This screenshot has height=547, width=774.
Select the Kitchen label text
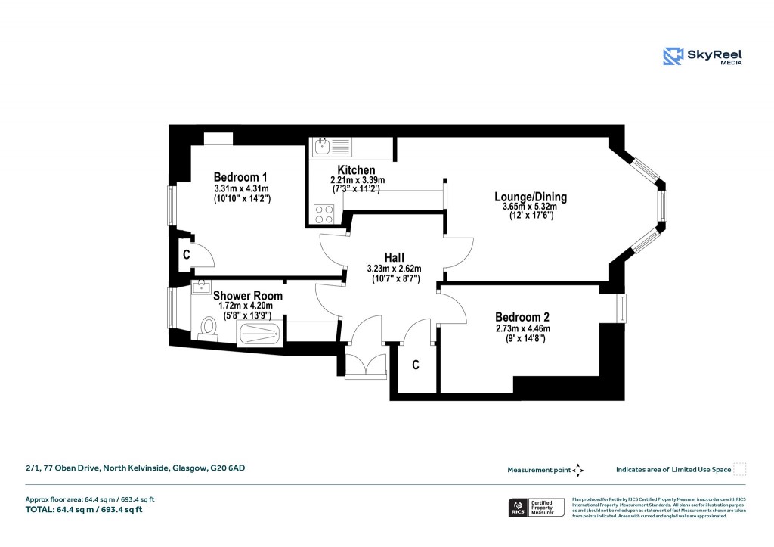coord(356,169)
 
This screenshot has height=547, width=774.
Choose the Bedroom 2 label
coord(522,317)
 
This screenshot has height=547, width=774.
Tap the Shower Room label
coord(248,296)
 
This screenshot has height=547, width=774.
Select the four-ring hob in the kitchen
coord(325,213)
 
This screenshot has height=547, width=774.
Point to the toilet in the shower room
coord(207,328)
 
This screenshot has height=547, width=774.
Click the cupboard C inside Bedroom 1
coord(186,256)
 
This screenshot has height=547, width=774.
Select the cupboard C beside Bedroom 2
coord(416,365)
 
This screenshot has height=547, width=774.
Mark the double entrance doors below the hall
coord(365,365)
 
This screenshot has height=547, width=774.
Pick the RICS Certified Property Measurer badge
coord(537,507)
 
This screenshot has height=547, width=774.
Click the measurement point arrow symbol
coord(578,470)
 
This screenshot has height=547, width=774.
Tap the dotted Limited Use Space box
coord(740,469)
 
